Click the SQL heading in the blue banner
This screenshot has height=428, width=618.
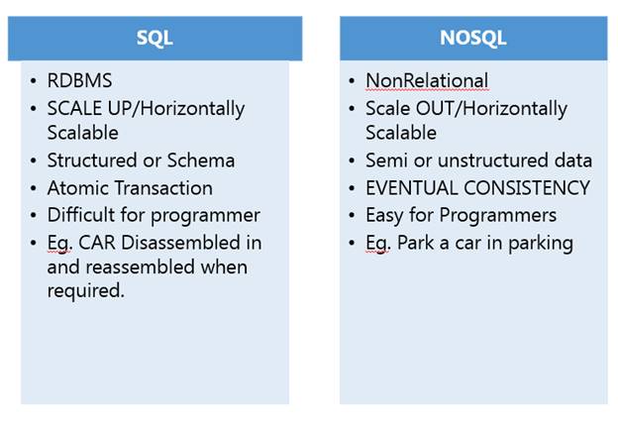[x=154, y=38]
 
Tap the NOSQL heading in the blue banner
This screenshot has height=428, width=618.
[x=472, y=38]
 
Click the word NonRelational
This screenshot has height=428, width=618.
[x=427, y=81]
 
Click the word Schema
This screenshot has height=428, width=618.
[x=203, y=160]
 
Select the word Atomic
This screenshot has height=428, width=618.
[x=77, y=187]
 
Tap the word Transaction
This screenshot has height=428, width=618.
[x=160, y=187]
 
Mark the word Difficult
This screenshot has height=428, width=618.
[x=83, y=214]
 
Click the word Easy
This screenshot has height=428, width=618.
[x=384, y=214]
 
